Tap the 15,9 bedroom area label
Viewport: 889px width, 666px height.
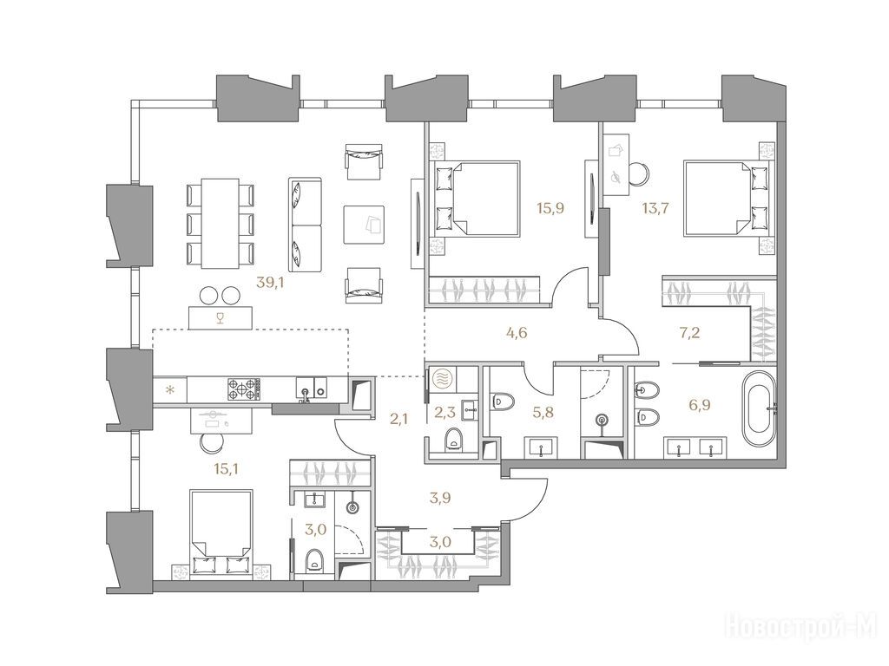(x=550, y=208)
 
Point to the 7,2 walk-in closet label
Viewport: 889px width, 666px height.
(x=689, y=332)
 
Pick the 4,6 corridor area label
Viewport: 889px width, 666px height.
(x=517, y=332)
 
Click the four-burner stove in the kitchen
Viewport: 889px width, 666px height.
(x=243, y=389)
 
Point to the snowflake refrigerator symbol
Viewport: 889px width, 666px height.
(x=169, y=389)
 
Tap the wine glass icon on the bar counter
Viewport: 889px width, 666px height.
(x=221, y=317)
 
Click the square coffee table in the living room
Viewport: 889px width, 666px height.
(x=364, y=225)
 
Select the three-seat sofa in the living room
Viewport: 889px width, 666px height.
(x=305, y=226)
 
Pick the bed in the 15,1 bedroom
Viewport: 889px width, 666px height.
(x=221, y=533)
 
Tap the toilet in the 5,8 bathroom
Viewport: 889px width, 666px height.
(x=504, y=402)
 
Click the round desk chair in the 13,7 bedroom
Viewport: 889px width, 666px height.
(x=638, y=171)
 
